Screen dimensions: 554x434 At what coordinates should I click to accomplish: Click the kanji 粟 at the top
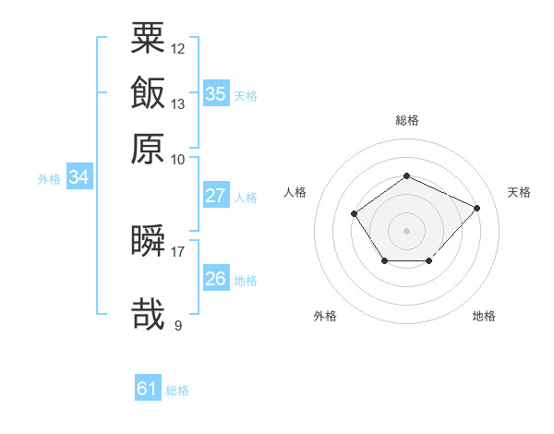click(x=148, y=38)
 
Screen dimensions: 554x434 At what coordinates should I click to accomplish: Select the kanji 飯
click(x=148, y=92)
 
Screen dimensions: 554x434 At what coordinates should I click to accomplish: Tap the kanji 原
click(x=148, y=149)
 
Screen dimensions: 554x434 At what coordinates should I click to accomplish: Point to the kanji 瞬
click(x=148, y=240)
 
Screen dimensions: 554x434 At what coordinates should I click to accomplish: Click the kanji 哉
click(x=148, y=314)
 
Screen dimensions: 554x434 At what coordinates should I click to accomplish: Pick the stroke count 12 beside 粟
click(x=177, y=49)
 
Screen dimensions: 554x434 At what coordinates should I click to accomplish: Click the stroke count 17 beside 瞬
click(x=177, y=252)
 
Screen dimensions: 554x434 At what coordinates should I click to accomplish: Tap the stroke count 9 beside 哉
click(x=178, y=325)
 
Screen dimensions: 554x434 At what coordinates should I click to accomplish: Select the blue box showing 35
click(x=216, y=93)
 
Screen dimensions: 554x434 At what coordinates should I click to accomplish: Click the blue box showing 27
click(x=216, y=195)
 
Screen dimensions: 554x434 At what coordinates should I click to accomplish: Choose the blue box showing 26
click(x=216, y=277)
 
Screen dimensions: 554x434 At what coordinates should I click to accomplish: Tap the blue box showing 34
click(x=79, y=176)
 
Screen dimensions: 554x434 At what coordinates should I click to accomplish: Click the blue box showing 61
click(x=148, y=387)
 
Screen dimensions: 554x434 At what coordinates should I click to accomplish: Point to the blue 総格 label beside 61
click(x=177, y=391)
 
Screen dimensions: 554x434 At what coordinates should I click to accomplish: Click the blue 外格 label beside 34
click(x=49, y=179)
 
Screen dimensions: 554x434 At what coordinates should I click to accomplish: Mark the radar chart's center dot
click(x=406, y=231)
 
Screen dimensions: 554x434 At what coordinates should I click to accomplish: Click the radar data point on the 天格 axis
click(x=476, y=208)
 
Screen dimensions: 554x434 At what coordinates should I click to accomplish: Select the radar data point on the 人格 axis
click(x=354, y=213)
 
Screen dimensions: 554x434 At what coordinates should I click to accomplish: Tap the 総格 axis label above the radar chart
click(x=407, y=120)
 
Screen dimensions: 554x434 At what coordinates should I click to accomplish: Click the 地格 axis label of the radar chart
click(x=484, y=316)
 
